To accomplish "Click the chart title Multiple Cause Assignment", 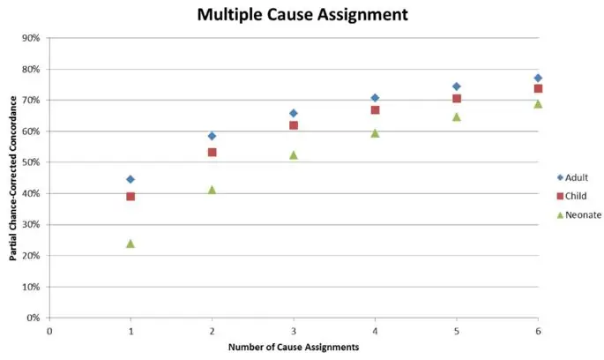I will point(302,15).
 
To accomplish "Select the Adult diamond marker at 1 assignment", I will point(130,179).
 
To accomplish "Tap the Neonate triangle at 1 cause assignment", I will point(130,243).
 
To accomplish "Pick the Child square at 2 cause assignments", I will point(212,153).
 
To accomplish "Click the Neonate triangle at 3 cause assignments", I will point(294,154).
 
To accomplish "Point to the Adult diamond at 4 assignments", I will point(375,98).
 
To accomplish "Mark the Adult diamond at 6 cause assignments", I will point(538,79).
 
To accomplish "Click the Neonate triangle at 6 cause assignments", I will point(538,104).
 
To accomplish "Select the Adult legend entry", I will point(570,177).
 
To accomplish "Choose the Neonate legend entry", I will point(574,214).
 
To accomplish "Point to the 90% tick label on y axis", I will point(32,38).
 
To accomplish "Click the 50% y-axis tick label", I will point(32,162).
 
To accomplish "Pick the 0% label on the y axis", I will point(34,318).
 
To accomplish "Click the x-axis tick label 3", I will point(294,330).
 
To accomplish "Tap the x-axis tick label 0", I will point(49,330).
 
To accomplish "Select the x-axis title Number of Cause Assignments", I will point(294,348).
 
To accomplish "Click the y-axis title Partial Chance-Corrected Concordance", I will point(12,177).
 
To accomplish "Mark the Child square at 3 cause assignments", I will point(294,125).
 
